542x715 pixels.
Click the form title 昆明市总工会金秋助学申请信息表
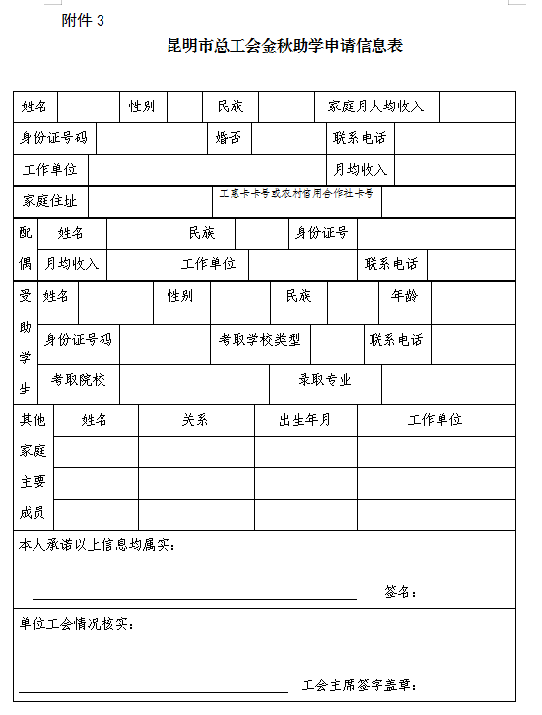coord(286,46)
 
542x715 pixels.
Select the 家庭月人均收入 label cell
coord(376,107)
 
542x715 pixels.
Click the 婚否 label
coord(229,138)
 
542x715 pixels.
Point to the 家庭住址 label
coord(50,201)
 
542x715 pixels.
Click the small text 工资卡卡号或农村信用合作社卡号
coord(296,194)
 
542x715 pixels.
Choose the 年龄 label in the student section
coord(405,295)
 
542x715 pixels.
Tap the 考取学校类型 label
coord(259,340)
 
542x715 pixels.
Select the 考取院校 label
coord(79,379)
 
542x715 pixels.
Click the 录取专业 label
coord(325,379)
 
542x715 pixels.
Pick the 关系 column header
coord(195,420)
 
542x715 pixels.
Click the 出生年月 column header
coord(305,420)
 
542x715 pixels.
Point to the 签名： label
coord(401,592)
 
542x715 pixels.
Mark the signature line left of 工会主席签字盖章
coord(153,691)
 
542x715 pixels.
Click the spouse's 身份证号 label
coord(321,233)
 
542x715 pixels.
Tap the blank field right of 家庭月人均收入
coord(477,107)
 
